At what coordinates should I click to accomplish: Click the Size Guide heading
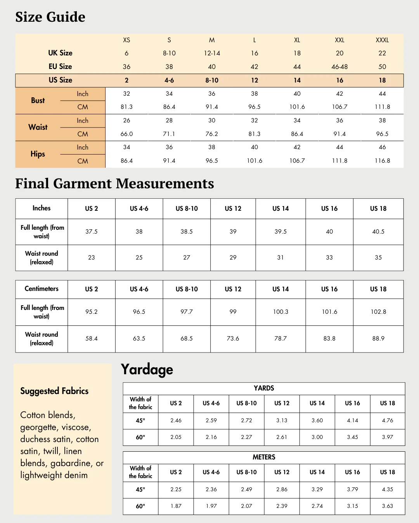[50, 17]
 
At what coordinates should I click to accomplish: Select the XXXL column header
[382, 40]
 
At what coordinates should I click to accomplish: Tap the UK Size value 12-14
[212, 53]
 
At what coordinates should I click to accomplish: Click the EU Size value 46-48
[339, 67]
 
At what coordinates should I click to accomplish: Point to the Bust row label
[38, 100]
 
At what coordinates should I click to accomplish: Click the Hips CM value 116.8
[382, 161]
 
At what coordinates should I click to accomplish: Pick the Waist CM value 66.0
[126, 134]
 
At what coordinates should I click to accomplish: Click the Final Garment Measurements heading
[114, 184]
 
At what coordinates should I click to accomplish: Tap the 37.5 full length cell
[92, 232]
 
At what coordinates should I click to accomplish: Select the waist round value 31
[280, 258]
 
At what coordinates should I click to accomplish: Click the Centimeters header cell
[42, 289]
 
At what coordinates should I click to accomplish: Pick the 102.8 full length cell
[378, 312]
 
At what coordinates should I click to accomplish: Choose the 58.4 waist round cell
[92, 339]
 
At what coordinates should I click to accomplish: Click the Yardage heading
[147, 370]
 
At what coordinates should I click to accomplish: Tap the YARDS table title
[264, 388]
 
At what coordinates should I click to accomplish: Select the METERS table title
[264, 457]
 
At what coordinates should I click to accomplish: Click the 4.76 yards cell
[387, 420]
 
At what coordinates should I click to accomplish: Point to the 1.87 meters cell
[176, 506]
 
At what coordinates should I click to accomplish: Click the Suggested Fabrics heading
[54, 391]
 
